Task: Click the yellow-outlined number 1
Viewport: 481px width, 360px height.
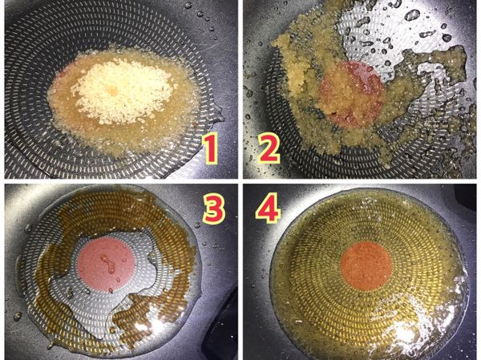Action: click(x=209, y=150)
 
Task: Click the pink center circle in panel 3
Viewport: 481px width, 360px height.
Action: click(x=108, y=264)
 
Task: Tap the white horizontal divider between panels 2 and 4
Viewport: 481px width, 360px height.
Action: click(x=361, y=180)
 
